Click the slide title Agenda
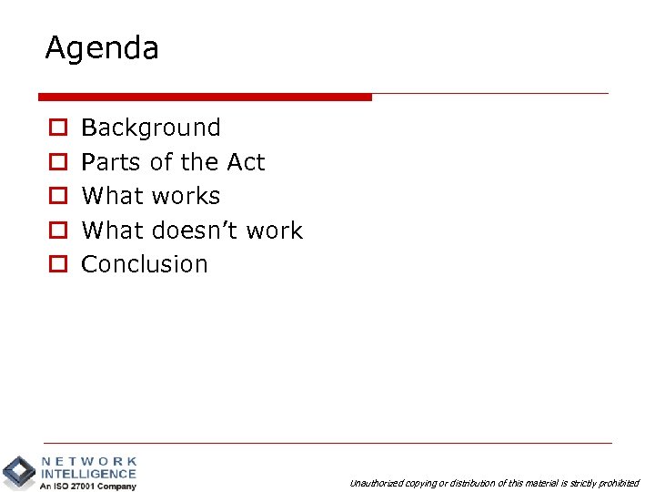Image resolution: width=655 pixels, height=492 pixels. click(x=102, y=49)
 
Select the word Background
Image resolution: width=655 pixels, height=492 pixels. click(x=151, y=128)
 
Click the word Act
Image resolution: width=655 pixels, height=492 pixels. click(x=246, y=162)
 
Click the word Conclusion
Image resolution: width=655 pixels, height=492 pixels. click(x=145, y=264)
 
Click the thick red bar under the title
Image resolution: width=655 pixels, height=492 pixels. click(x=205, y=97)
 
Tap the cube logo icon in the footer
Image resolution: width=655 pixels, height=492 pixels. click(x=19, y=472)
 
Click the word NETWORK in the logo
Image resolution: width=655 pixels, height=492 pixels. click(x=89, y=462)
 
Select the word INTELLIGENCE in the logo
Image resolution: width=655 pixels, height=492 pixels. click(x=89, y=474)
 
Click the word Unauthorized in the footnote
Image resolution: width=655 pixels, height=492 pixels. click(x=375, y=484)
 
